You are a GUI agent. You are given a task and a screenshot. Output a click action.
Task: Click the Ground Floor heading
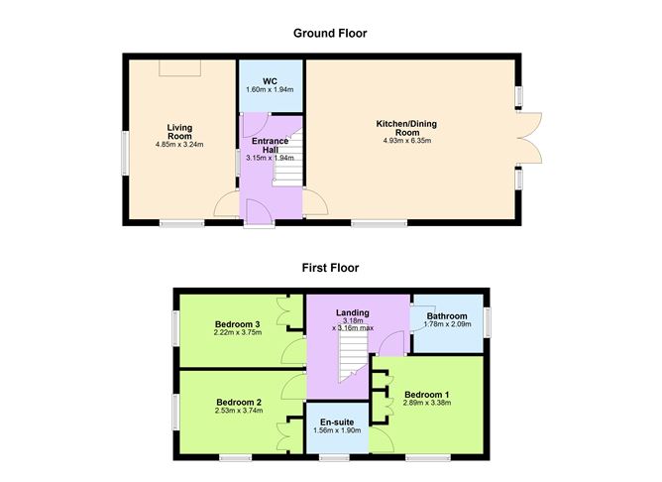coord(330,34)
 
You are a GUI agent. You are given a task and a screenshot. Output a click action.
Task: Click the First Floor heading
coord(330,268)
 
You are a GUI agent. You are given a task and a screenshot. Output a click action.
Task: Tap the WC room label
coord(270,81)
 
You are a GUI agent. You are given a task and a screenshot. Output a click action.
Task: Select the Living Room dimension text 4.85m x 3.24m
coord(179,145)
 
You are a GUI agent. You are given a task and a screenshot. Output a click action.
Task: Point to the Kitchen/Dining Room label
coord(406,128)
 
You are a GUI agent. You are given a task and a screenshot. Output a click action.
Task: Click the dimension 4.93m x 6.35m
coord(407,141)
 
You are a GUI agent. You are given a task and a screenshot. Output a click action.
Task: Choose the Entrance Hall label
coord(271,146)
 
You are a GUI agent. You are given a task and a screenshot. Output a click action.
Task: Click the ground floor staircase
coord(288,158)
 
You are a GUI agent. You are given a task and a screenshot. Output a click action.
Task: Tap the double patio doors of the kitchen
coord(528,138)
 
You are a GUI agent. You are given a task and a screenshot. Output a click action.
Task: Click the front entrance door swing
coord(259,211)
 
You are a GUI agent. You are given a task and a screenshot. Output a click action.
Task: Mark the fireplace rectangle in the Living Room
coord(179,68)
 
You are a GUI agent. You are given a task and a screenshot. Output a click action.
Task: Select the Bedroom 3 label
coord(237,324)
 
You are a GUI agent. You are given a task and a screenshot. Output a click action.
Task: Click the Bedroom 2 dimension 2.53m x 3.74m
coord(239,411)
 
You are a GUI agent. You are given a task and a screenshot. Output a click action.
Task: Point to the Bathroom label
coord(447,316)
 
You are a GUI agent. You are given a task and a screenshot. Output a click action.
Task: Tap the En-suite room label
coord(337,422)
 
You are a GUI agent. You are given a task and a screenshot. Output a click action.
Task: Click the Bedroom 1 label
coord(427,395)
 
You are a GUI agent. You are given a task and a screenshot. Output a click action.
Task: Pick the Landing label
coord(353,312)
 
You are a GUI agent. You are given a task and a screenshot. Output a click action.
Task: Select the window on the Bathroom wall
coord(488,322)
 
